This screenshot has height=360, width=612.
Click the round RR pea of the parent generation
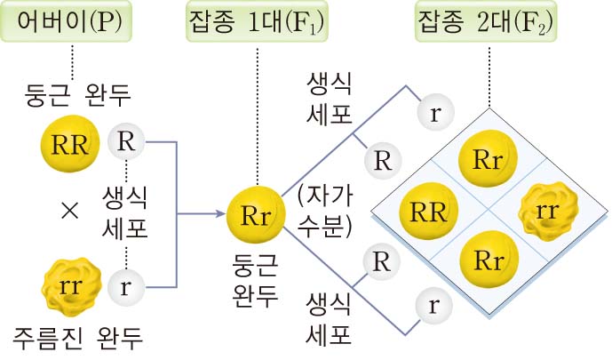point(69,146)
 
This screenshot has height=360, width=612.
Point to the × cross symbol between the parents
point(69,212)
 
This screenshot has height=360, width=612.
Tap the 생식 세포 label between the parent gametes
point(125,212)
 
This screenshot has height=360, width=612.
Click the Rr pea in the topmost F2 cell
point(486,161)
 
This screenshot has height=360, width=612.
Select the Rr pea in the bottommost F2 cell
point(486,260)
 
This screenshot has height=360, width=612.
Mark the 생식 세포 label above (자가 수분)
point(329,99)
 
